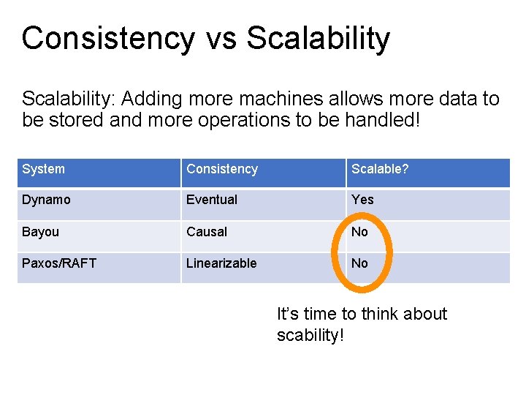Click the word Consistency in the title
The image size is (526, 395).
coord(109,38)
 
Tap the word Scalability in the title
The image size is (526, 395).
coord(318,38)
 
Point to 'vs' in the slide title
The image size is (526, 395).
coord(221,39)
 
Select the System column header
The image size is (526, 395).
coord(43,169)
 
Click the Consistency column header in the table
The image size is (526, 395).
coord(222,169)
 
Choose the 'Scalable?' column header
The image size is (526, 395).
coord(380,169)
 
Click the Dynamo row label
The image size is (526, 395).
coord(46,200)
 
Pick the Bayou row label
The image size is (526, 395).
coord(40,232)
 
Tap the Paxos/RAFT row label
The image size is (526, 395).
coord(59,263)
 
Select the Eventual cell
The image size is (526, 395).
coord(212,200)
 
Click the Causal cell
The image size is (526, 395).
coord(207,232)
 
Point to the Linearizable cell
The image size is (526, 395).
coord(221,263)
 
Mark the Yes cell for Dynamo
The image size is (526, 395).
coord(362,200)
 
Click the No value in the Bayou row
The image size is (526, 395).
coord(360,232)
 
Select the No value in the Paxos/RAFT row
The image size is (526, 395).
coord(360,263)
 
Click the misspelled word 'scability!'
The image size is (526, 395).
coord(310,336)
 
